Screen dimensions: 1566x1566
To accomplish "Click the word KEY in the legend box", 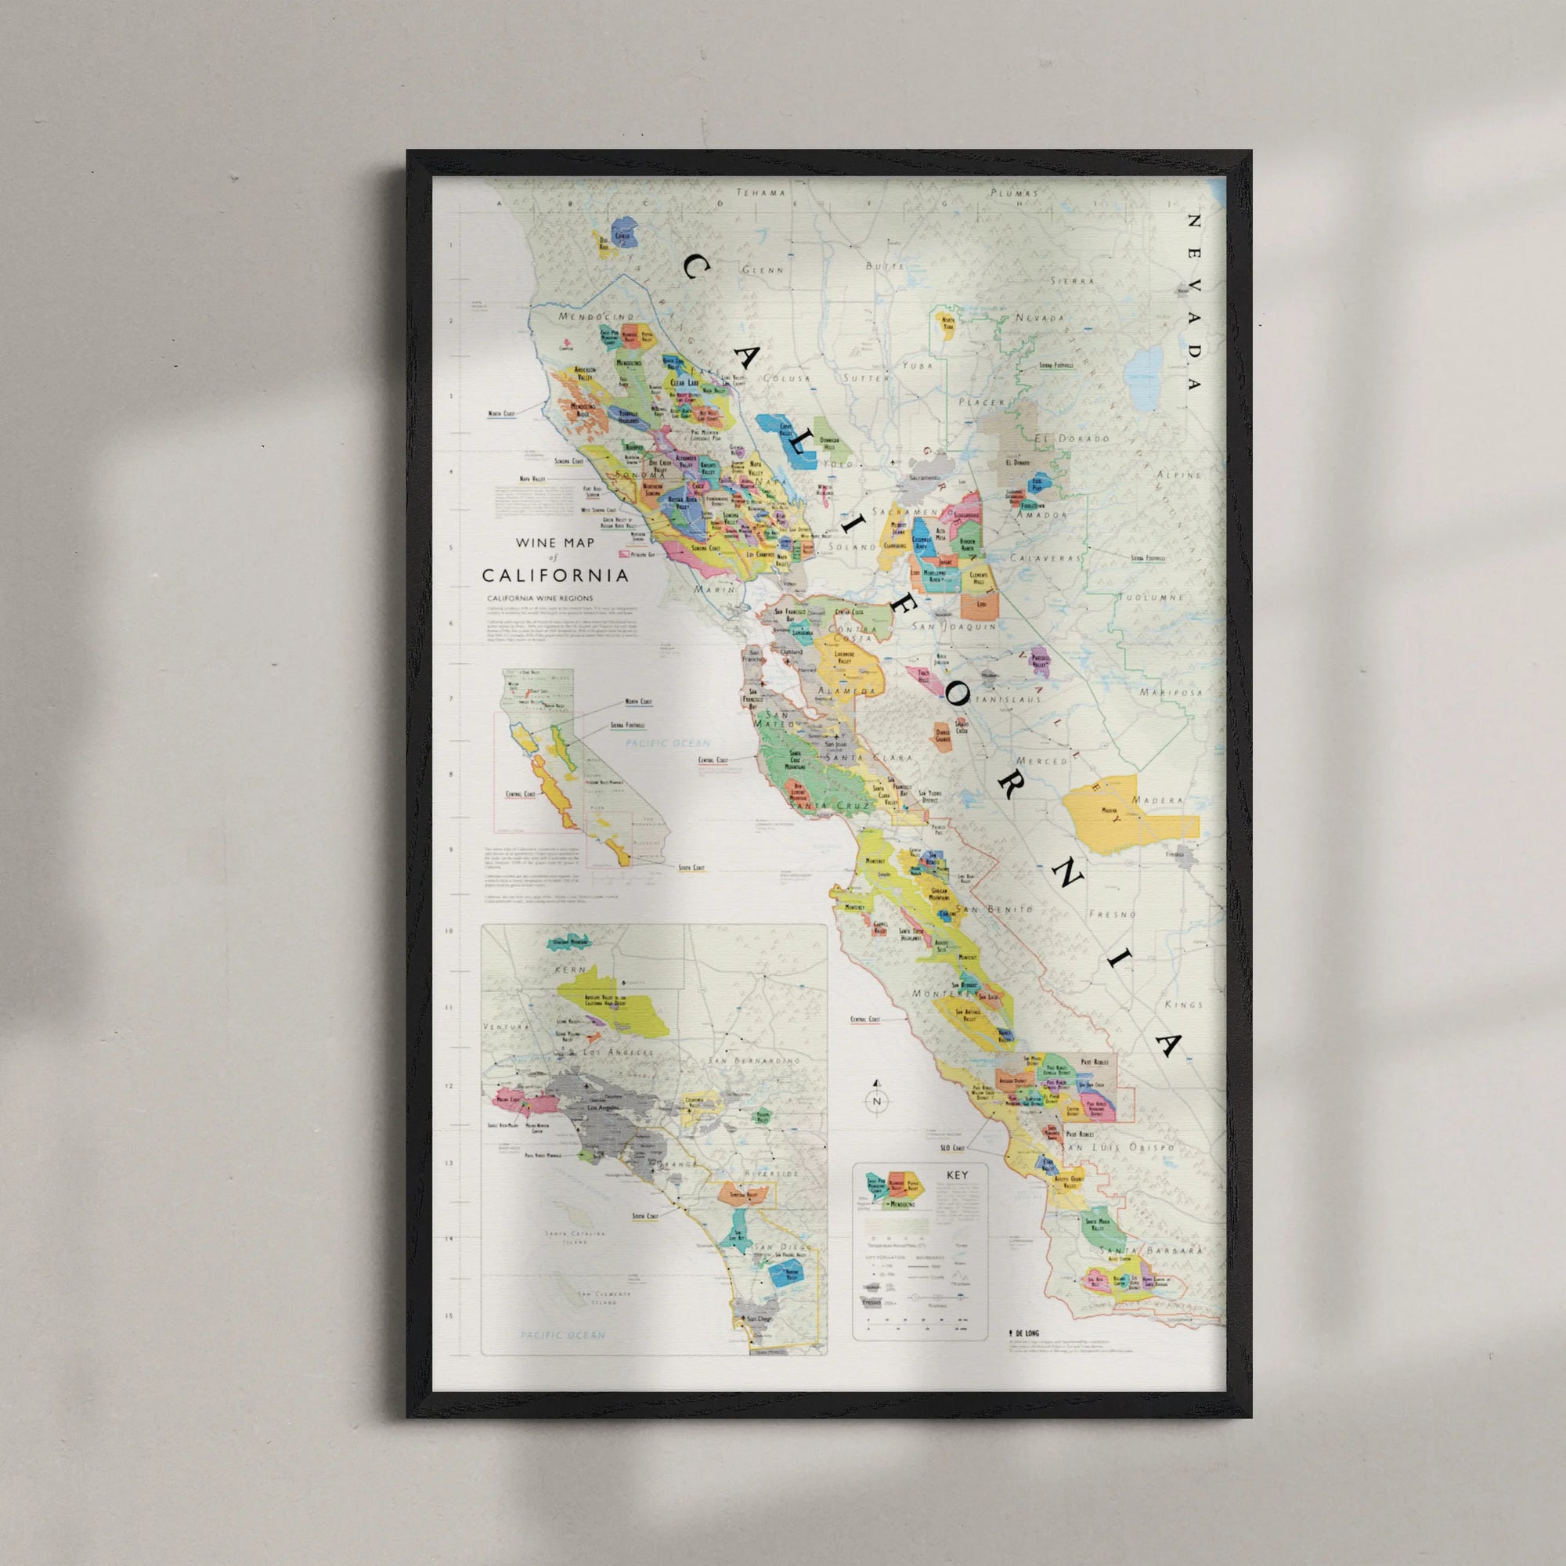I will pyautogui.click(x=955, y=1175).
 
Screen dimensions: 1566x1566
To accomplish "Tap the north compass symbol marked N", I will pyautogui.click(x=876, y=1101).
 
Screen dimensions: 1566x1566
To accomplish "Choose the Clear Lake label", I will pyautogui.click(x=686, y=383).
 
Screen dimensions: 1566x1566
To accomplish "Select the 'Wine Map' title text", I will pyautogui.click(x=554, y=543).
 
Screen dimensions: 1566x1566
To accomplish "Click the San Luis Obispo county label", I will pyautogui.click(x=1120, y=1148).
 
